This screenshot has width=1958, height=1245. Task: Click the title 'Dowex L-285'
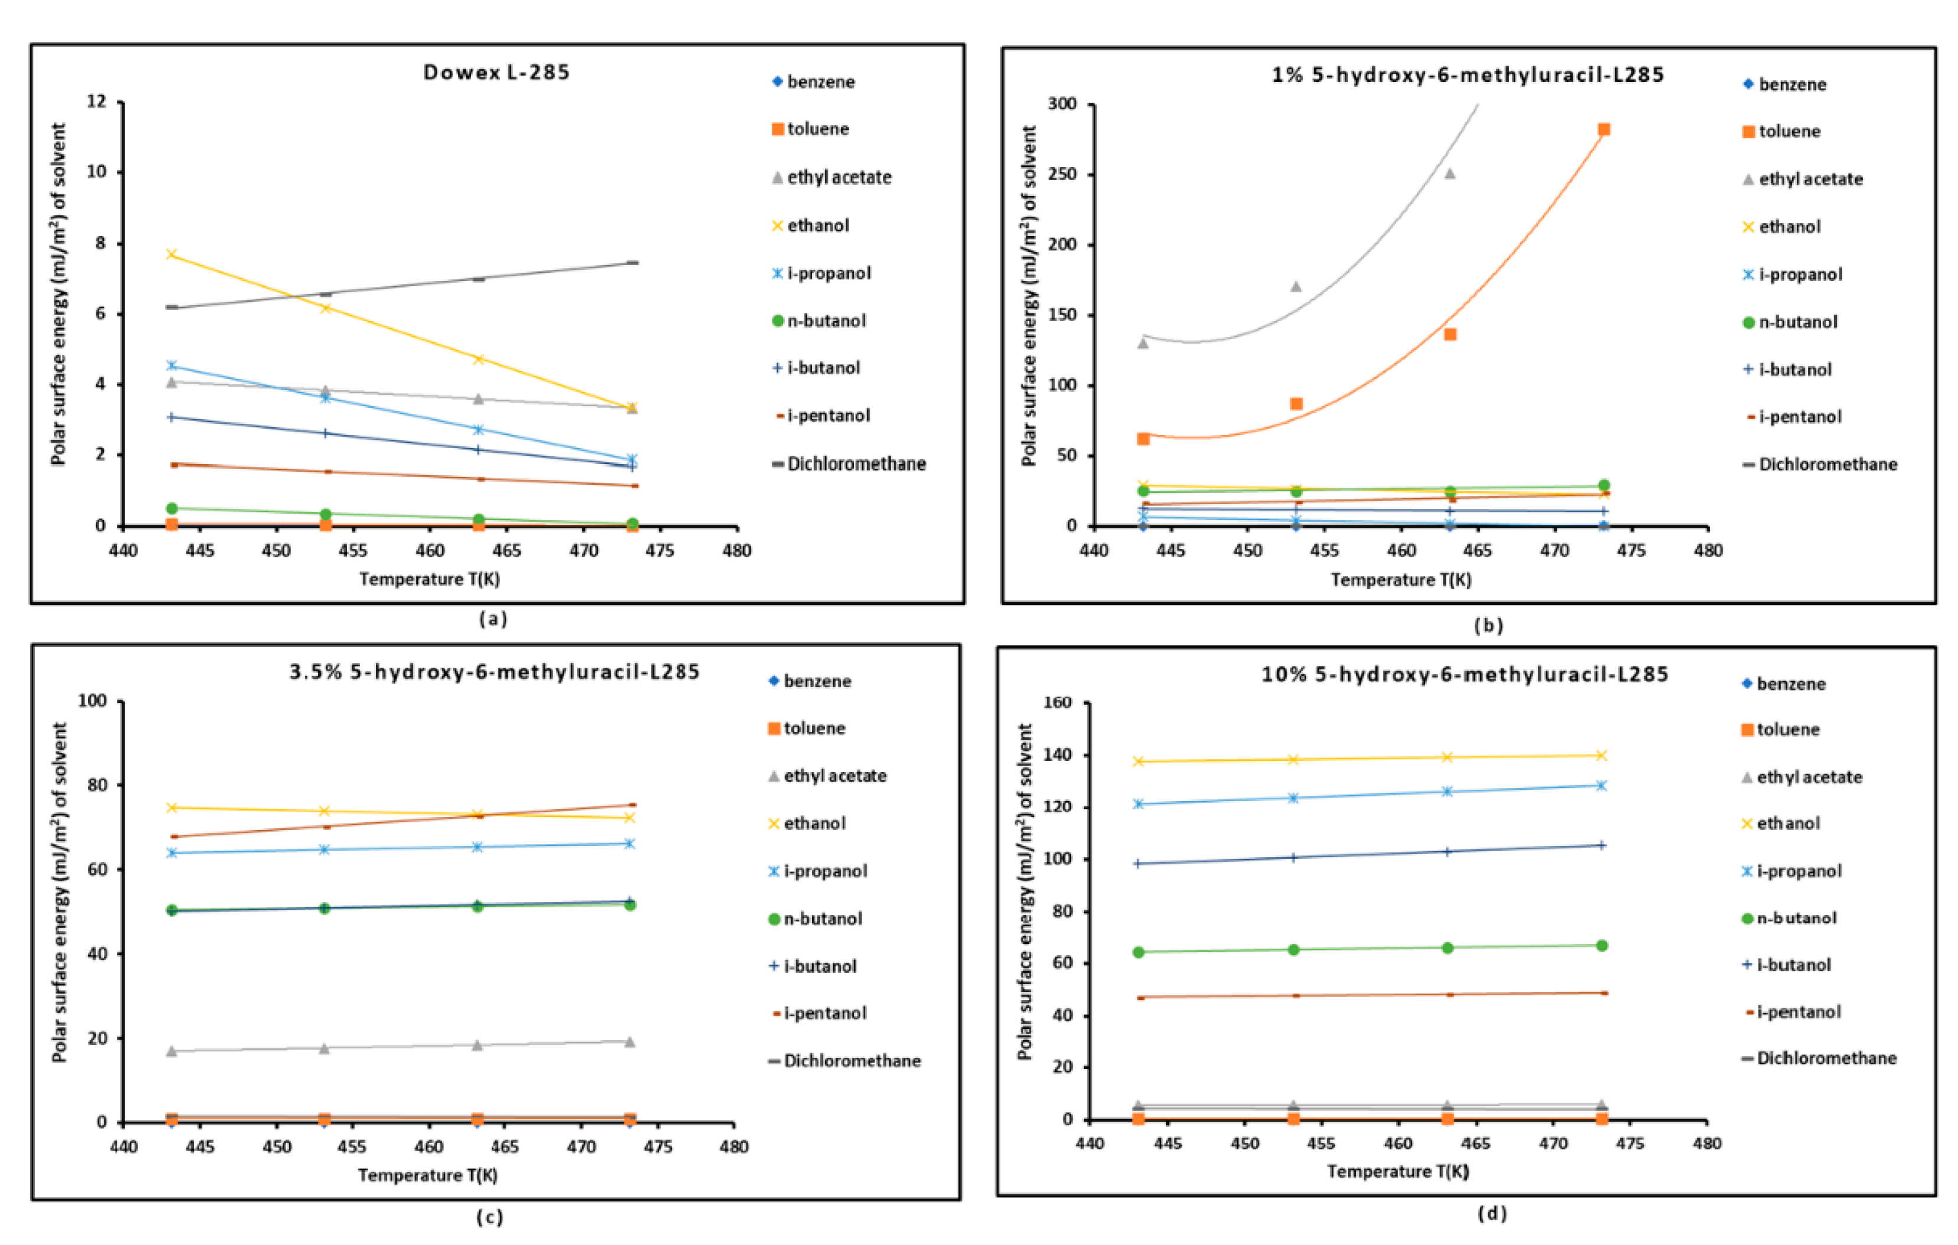click(496, 73)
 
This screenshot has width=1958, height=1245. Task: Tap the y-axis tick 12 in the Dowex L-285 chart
click(96, 102)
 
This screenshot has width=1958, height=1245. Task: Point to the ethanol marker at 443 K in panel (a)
click(172, 254)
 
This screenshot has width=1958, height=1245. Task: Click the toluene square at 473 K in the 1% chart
click(1603, 130)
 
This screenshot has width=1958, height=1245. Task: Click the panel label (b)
click(1488, 625)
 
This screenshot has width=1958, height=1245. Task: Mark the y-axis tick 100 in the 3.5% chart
click(92, 701)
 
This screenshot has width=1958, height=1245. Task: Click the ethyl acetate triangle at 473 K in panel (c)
click(629, 1042)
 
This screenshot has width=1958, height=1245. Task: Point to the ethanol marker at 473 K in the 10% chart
click(1601, 756)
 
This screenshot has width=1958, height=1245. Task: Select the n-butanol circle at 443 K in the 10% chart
click(1138, 952)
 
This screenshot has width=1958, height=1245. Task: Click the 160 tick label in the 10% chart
click(1057, 702)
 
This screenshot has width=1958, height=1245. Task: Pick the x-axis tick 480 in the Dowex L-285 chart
click(736, 551)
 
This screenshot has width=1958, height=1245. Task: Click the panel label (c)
click(490, 1217)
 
